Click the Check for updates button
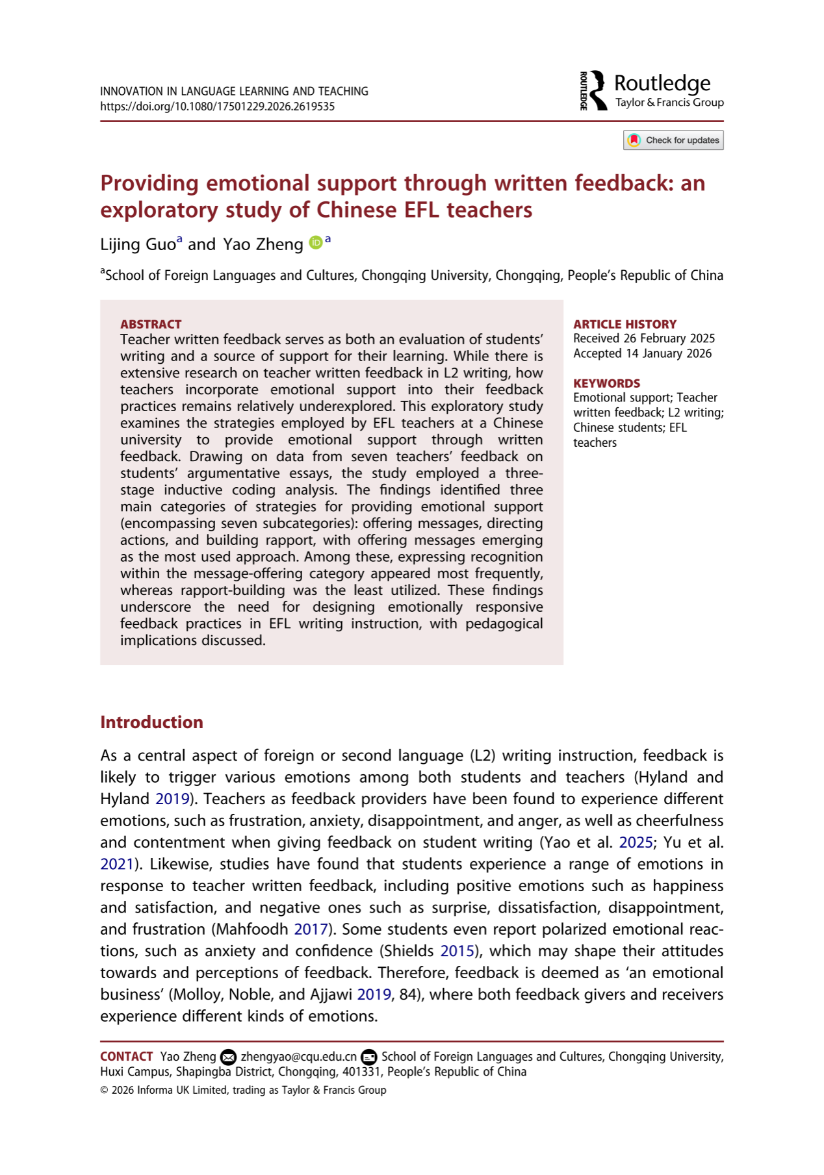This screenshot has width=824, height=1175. point(673,140)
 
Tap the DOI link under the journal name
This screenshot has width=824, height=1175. point(217,107)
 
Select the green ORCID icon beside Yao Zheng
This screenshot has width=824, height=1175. point(315,243)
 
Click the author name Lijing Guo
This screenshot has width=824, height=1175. point(138,244)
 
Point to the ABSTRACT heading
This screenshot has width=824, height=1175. point(151,324)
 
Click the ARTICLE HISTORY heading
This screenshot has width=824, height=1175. point(624,324)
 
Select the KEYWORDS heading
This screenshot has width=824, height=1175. point(606,383)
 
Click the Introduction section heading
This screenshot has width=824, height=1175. point(151,722)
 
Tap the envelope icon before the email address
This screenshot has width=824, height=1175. point(228,1057)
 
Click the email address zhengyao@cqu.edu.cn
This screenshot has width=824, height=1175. point(298,1057)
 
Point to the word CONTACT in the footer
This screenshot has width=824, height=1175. point(126,1057)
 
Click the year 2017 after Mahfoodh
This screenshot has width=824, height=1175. point(311,929)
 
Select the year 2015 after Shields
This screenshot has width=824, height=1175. point(457,951)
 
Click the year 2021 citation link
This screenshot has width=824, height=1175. point(116,864)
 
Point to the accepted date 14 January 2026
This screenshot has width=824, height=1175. point(669,353)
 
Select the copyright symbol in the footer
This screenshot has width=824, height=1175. point(104,1091)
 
